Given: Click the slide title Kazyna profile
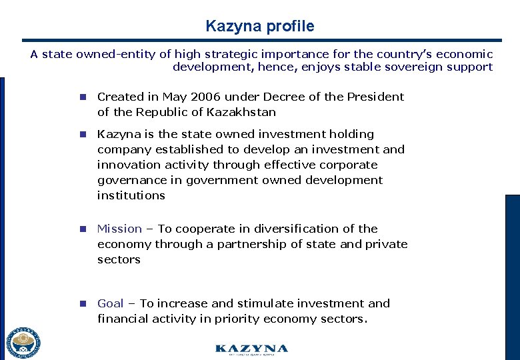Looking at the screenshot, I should coord(260,27).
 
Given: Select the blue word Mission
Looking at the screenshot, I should coord(119,229).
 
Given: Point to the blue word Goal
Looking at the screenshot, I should coord(111,303).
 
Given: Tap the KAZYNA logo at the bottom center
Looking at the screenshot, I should coord(251,349).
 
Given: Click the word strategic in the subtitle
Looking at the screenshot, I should coord(209,55).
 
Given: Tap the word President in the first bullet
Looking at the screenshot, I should coord(376,97).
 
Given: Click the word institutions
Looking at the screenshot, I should coord(131,195).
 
